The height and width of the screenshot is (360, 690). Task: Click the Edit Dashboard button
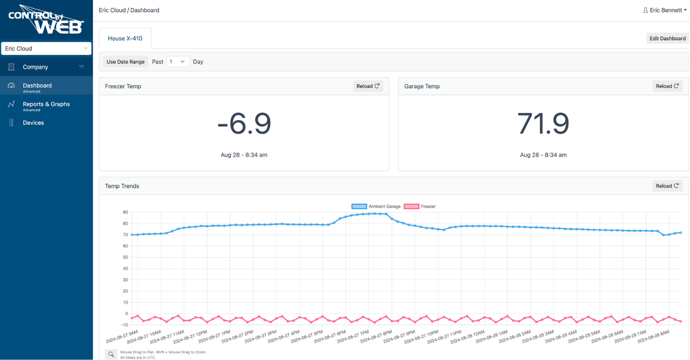pyautogui.click(x=667, y=39)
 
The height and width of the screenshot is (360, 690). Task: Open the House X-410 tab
pyautogui.click(x=125, y=39)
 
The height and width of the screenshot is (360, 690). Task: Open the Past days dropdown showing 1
pyautogui.click(x=178, y=62)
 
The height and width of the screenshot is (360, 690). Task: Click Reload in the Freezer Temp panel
pyautogui.click(x=368, y=86)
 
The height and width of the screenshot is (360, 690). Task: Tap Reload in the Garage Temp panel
pyautogui.click(x=667, y=86)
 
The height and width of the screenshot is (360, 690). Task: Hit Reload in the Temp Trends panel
pyautogui.click(x=667, y=186)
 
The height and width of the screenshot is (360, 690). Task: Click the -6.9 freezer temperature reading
pyautogui.click(x=244, y=124)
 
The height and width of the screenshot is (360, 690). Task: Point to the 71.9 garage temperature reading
pyautogui.click(x=543, y=124)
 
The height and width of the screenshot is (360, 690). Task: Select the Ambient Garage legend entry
pyautogui.click(x=376, y=207)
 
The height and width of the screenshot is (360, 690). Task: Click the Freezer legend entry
pyautogui.click(x=420, y=207)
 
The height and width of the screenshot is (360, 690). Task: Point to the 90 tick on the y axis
pyautogui.click(x=125, y=212)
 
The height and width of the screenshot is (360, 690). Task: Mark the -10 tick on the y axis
pyautogui.click(x=124, y=325)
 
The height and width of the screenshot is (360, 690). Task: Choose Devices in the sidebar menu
pyautogui.click(x=33, y=123)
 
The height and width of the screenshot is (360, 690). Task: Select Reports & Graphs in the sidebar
pyautogui.click(x=46, y=104)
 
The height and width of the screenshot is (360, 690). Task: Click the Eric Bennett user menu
pyautogui.click(x=664, y=10)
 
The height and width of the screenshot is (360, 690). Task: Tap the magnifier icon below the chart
pyautogui.click(x=111, y=354)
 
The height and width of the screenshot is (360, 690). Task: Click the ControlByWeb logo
pyautogui.click(x=46, y=20)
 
